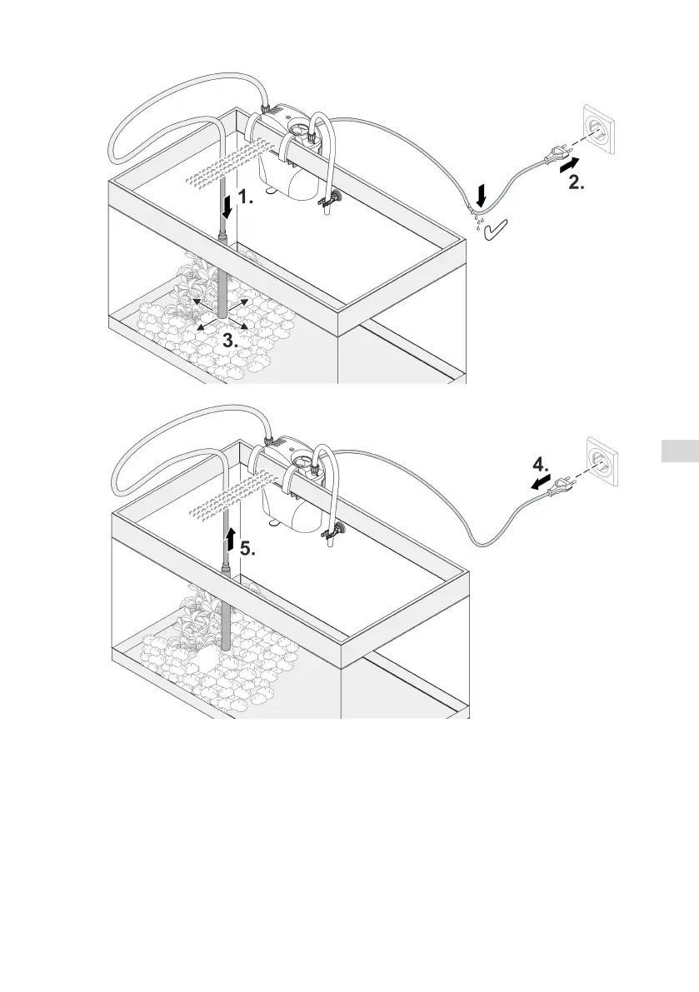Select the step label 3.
coord(231,341)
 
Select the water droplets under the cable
coord(477,220)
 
